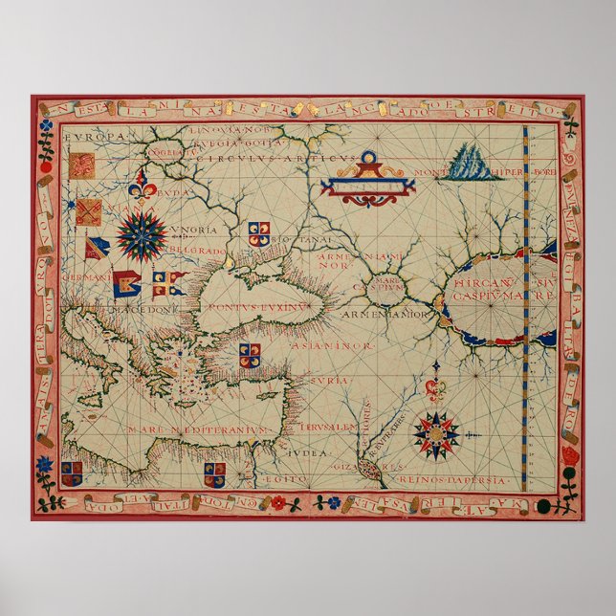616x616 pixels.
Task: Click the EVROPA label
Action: click(95, 138)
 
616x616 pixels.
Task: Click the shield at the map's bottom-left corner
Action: click(72, 472)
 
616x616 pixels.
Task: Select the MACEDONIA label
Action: click(143, 310)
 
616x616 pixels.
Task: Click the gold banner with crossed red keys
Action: click(89, 210)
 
